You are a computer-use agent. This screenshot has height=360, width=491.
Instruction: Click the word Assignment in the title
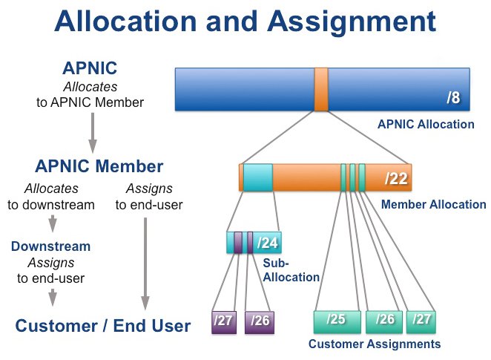click(x=352, y=23)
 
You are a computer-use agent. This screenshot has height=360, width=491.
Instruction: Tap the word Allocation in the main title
click(x=125, y=22)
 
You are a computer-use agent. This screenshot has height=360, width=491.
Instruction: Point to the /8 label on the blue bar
click(x=453, y=97)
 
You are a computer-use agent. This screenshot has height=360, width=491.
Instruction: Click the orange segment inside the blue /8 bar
click(x=321, y=89)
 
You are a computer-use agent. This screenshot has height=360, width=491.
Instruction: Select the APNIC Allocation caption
click(x=426, y=125)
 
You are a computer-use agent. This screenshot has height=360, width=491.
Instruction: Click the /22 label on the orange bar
click(x=396, y=179)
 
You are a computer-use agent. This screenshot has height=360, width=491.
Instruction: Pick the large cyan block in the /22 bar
click(x=257, y=177)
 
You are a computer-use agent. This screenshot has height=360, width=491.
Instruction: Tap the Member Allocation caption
click(x=434, y=205)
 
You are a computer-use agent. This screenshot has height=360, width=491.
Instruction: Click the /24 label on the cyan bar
click(x=268, y=243)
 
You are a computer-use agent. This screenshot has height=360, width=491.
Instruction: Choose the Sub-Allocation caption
click(x=291, y=270)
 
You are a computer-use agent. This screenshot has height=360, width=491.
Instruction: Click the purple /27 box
click(x=224, y=322)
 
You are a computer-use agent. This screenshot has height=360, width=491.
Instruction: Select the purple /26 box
click(x=260, y=322)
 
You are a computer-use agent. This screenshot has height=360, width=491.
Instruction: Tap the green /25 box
click(x=337, y=322)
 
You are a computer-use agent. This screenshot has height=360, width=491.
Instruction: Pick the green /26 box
click(x=384, y=322)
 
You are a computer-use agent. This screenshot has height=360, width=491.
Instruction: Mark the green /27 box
click(x=421, y=322)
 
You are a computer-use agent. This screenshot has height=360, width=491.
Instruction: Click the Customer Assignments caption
click(x=375, y=344)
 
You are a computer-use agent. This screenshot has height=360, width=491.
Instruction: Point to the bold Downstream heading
click(x=50, y=246)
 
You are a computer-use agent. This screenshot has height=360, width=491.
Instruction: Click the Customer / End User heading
click(x=103, y=326)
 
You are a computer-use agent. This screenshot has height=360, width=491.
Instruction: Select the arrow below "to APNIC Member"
click(x=93, y=133)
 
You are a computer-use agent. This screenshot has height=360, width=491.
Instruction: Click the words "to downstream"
click(x=51, y=205)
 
